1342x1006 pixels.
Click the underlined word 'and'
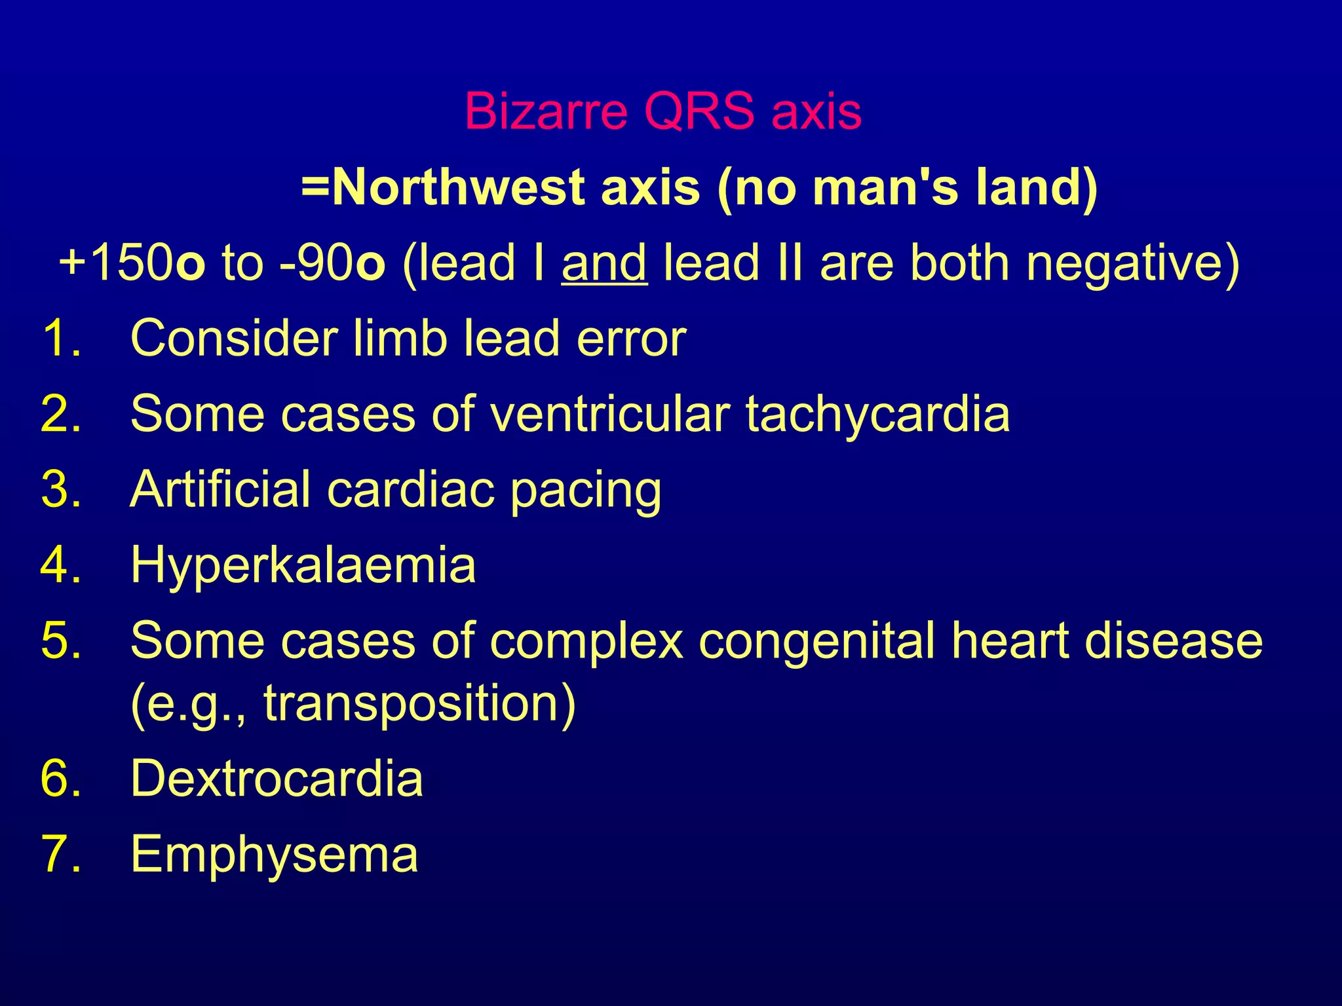[604, 263]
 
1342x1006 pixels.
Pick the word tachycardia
[877, 414]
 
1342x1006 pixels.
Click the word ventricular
[609, 414]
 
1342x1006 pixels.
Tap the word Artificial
[220, 489]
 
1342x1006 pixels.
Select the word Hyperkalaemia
[303, 565]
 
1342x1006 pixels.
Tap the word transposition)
[419, 703]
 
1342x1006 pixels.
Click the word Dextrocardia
[277, 779]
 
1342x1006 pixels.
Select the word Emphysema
[274, 855]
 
